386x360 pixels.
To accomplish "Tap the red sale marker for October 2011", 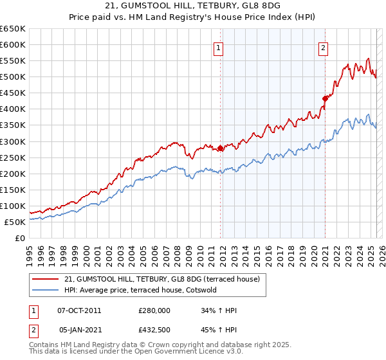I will tap(221, 148).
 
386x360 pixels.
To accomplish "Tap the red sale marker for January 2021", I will tap(325, 98).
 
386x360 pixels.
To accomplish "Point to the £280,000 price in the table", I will tap(154, 310).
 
